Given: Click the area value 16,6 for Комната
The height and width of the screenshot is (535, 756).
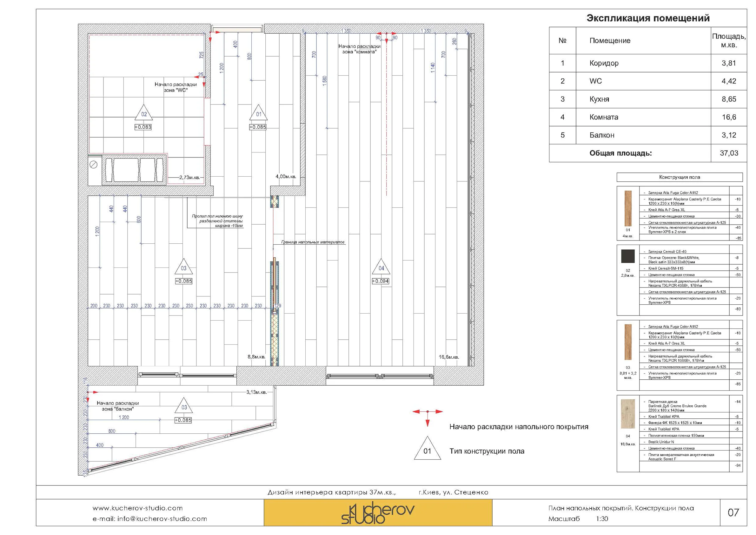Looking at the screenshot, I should (x=729, y=117).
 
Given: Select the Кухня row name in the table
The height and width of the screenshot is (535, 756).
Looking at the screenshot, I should (x=599, y=99).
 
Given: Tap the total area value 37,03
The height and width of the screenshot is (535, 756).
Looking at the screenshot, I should (x=729, y=153).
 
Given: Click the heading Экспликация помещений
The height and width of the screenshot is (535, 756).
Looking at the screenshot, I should (x=648, y=18).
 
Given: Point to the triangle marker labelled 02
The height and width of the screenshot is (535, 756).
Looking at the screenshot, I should (x=144, y=113).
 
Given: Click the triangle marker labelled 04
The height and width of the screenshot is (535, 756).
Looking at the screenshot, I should (x=381, y=267).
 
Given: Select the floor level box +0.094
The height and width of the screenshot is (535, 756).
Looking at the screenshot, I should (x=380, y=281).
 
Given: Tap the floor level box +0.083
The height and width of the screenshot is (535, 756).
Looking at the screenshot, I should (x=143, y=127).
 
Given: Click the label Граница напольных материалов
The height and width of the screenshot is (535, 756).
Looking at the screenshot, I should (x=313, y=242).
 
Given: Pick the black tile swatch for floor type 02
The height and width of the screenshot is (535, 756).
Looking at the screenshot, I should (x=627, y=256).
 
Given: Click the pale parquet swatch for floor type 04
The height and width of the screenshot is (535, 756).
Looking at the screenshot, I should (x=627, y=414).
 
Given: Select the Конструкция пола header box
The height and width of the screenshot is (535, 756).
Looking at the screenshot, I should (x=679, y=177).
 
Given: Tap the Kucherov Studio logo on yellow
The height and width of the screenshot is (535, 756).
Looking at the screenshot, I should (x=378, y=514).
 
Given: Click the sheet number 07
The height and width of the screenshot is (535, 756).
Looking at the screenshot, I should (x=733, y=512).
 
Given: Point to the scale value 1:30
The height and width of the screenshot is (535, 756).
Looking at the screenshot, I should (x=601, y=519).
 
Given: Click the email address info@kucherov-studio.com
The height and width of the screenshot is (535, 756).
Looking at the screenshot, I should (x=149, y=519).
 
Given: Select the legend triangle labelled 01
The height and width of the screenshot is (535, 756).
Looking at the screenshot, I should (x=427, y=449).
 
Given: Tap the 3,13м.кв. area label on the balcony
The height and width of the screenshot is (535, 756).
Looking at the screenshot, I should (x=256, y=392).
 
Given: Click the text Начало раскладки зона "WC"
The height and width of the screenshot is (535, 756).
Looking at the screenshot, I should (x=176, y=87).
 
